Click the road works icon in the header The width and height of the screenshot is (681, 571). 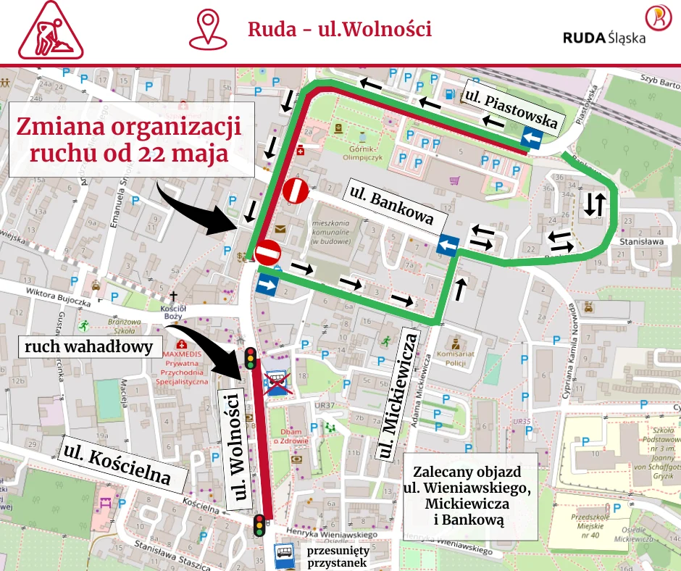(51, 33)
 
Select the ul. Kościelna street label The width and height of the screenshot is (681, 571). (117, 464)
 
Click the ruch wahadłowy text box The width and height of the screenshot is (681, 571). (89, 347)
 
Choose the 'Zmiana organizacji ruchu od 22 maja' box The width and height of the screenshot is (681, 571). (133, 139)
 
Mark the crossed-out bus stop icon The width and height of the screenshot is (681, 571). (275, 382)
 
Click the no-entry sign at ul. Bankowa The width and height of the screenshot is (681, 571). (296, 191)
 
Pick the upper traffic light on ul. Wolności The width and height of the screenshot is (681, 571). (250, 358)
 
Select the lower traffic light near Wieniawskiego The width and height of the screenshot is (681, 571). (259, 524)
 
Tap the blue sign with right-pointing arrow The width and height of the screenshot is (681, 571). (267, 285)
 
